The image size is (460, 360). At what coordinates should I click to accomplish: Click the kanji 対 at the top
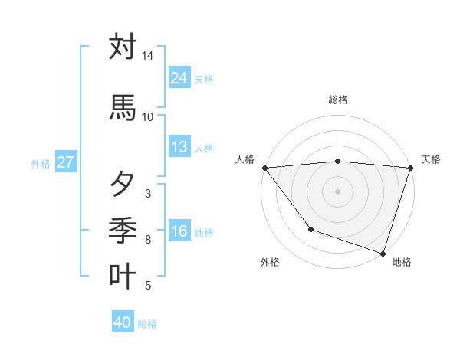pos(123,47)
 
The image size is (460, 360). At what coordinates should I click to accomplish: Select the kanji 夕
pos(123,185)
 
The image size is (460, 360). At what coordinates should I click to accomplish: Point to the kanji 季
pos(123,229)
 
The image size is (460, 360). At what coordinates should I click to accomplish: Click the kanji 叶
pos(123,276)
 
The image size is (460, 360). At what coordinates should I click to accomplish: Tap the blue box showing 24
pos(179,78)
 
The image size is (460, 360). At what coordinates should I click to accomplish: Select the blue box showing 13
pos(179,147)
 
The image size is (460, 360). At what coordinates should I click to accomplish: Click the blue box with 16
pos(179,232)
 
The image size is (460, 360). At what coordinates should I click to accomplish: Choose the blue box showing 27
pos(65,162)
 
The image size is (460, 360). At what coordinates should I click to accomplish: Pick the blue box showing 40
pos(123,322)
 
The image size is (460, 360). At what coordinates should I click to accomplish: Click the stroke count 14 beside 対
pos(147,57)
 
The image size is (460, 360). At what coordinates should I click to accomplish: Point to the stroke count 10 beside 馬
pos(147,116)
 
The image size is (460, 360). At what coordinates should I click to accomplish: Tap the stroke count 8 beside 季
pos(147,240)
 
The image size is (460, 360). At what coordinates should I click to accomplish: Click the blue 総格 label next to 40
pos(148,324)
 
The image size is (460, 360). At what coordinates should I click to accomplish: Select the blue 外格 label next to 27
pos(41,163)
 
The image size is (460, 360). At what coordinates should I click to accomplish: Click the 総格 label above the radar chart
pos(338,100)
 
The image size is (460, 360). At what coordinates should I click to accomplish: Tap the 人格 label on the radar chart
pos(245,159)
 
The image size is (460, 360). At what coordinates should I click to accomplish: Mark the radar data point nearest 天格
pos(410,168)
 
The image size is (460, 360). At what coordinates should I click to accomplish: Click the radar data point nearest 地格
pos(383,253)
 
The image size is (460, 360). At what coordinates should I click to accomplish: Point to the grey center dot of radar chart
pos(337,191)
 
